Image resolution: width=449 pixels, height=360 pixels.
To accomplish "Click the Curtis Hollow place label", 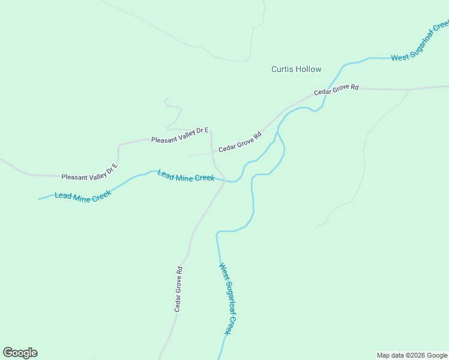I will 296,69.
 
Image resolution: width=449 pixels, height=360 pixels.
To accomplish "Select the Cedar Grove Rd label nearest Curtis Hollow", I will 336,90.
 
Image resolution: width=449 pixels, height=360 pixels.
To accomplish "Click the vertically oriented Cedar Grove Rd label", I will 178,289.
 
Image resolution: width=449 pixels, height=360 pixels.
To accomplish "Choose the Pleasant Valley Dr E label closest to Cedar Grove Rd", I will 179,135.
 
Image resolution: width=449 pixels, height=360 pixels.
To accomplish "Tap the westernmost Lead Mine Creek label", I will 83,197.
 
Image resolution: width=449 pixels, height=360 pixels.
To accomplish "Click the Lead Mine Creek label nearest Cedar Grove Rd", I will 186,176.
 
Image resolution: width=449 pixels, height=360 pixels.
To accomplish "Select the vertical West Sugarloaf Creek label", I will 227,299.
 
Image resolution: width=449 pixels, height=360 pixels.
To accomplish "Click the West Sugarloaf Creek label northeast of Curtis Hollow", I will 420,41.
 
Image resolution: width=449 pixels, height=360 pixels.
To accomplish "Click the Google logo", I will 20,353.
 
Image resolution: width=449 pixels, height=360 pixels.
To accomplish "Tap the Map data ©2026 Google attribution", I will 412,355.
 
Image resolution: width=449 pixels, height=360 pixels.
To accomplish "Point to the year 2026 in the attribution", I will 418,355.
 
